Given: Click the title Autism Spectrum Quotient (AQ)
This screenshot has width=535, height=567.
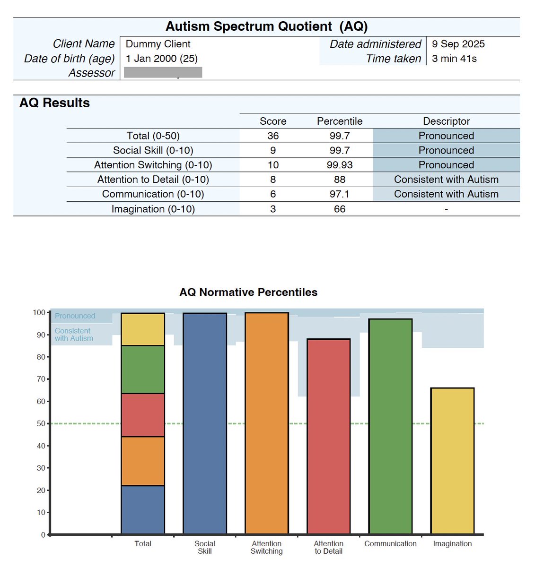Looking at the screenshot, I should (266, 26).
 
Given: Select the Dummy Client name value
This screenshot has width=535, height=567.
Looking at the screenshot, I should (158, 44).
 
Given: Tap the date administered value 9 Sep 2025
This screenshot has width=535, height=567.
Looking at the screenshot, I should (458, 44).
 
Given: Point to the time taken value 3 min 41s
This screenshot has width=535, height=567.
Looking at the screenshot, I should (454, 59).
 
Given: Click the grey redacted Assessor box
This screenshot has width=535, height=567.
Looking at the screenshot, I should (163, 72).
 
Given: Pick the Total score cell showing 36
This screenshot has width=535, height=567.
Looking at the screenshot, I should (273, 136).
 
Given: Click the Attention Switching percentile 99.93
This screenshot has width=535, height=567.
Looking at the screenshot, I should (340, 165).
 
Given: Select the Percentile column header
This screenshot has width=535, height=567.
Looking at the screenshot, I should (340, 121).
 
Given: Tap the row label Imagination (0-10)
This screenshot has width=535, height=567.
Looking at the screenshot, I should (153, 209).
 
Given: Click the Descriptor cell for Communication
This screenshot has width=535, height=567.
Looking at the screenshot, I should (446, 194).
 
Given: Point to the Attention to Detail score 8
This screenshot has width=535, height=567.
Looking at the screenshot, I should (273, 180).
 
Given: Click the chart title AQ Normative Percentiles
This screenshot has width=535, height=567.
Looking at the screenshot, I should (248, 292).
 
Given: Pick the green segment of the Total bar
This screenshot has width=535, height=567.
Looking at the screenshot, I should (143, 369).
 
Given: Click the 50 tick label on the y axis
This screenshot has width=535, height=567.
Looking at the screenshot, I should (41, 423).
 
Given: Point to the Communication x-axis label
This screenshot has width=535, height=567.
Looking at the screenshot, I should (390, 544).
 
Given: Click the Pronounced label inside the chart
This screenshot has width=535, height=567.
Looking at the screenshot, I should (75, 316).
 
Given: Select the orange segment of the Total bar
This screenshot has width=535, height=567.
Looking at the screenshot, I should (143, 461).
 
